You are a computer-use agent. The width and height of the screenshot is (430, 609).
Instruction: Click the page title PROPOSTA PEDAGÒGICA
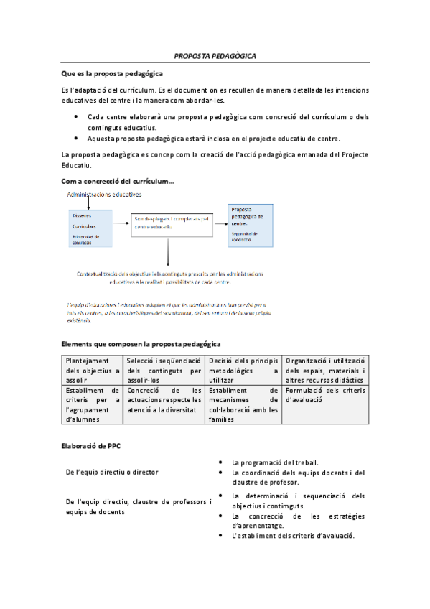pyautogui.click(x=215, y=56)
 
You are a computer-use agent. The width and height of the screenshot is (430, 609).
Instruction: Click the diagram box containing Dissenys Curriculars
pyautogui.click(x=89, y=228)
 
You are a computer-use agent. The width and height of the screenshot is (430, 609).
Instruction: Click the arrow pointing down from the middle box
pyautogui.click(x=167, y=252)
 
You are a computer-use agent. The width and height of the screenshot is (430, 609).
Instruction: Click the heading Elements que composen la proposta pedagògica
pyautogui.click(x=141, y=344)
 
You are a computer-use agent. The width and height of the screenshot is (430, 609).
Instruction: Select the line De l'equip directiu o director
pyautogui.click(x=112, y=472)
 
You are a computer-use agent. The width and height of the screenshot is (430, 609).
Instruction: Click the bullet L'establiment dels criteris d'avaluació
pyautogui.click(x=294, y=536)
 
